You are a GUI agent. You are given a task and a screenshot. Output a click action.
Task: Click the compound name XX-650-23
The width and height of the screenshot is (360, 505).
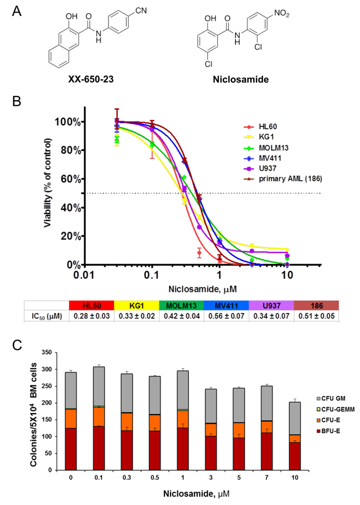94,80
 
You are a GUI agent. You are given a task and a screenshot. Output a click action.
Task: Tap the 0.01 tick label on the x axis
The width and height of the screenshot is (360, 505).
84,275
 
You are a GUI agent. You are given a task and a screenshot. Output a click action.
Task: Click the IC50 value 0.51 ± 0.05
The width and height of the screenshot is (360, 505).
316,316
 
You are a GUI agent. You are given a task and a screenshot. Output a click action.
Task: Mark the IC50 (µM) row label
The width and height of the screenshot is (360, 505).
47,316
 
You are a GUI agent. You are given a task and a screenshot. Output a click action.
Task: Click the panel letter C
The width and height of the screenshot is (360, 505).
17,344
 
